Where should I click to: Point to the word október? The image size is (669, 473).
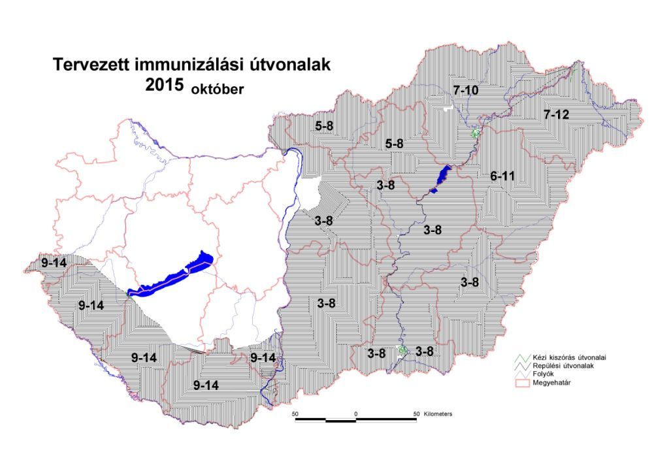[217, 89]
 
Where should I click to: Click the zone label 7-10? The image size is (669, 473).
[465, 90]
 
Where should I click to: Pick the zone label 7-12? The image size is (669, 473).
[556, 115]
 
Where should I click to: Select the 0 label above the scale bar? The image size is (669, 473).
[356, 414]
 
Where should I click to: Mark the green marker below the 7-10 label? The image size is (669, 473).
[476, 133]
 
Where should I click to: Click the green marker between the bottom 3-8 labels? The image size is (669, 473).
[402, 351]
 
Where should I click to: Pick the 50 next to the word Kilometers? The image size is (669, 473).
[416, 414]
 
